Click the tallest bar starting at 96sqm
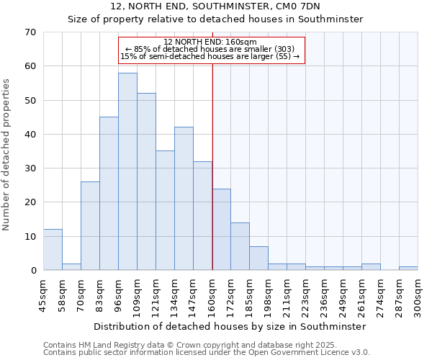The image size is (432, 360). [127, 171]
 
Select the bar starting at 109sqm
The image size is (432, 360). [146, 181]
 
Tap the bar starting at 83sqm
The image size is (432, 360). [109, 193]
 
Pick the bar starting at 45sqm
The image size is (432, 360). [53, 250]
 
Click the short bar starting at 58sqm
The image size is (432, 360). [71, 267]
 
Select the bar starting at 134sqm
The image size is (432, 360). [184, 199]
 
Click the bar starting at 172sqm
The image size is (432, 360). [240, 246]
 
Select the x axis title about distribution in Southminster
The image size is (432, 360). [230, 326]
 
